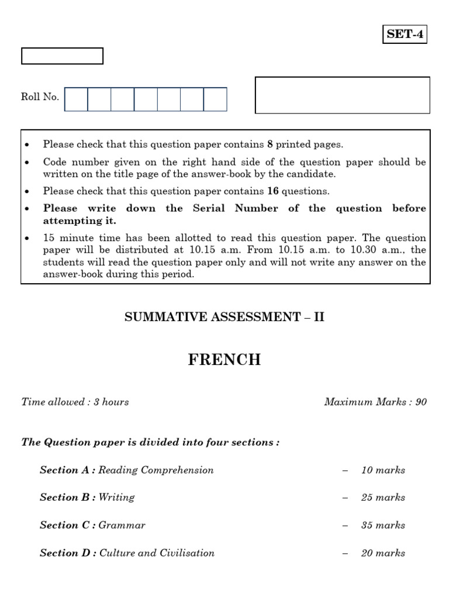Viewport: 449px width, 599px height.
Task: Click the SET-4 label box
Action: (x=405, y=35)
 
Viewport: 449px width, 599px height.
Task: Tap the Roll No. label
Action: (x=40, y=97)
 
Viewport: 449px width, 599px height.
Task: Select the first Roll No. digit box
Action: (x=76, y=99)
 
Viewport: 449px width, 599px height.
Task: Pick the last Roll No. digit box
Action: (x=215, y=99)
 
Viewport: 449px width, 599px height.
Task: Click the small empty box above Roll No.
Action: (x=62, y=56)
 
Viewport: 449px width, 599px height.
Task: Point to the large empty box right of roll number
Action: (x=343, y=95)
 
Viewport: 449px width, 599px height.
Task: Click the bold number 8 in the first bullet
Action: (x=270, y=144)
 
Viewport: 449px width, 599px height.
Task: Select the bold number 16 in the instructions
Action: (x=272, y=191)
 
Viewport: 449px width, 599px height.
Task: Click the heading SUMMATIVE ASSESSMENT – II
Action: (x=224, y=317)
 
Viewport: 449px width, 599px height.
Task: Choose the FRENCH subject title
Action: (x=224, y=360)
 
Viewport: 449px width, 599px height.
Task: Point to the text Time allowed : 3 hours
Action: (x=75, y=402)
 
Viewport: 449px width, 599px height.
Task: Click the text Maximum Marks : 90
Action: (x=375, y=402)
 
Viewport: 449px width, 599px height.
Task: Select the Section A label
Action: (x=67, y=470)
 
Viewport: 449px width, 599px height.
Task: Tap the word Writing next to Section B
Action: (x=116, y=498)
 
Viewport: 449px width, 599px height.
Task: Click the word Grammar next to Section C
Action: (x=122, y=525)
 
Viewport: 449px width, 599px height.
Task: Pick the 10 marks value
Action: (x=383, y=470)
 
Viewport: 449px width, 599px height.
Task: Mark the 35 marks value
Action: (x=383, y=525)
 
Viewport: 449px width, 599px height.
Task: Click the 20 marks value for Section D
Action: (x=383, y=553)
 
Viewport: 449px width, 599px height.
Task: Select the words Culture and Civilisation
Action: (x=157, y=553)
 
